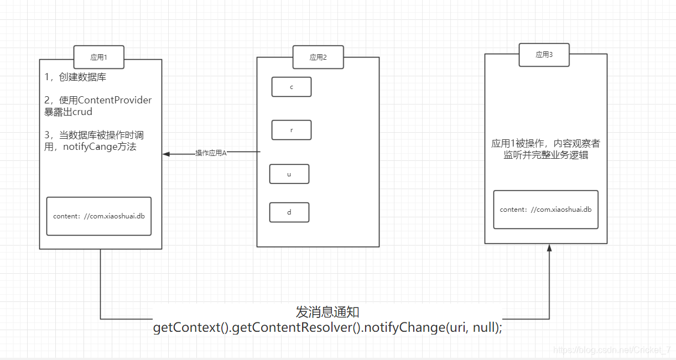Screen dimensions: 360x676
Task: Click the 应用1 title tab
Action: (x=98, y=57)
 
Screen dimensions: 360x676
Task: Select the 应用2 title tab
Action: (x=318, y=57)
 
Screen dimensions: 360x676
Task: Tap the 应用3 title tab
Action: (x=544, y=55)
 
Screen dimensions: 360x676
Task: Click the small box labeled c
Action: (x=291, y=87)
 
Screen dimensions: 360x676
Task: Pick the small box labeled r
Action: (x=291, y=130)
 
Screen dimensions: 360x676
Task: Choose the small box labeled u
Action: (x=289, y=174)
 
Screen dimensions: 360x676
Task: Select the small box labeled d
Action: (x=289, y=212)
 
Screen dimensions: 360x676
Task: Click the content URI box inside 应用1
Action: (x=98, y=216)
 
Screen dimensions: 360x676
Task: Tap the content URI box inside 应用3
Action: (x=545, y=210)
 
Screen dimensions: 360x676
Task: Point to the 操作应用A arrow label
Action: (x=211, y=153)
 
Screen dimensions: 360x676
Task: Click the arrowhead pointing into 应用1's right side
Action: (x=166, y=154)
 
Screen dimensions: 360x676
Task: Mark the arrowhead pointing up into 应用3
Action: (x=549, y=248)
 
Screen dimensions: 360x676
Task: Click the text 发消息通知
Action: (x=327, y=312)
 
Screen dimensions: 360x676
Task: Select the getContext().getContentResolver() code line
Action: (x=327, y=327)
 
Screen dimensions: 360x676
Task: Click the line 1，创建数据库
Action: (x=75, y=77)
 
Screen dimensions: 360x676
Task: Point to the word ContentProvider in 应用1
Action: (x=115, y=100)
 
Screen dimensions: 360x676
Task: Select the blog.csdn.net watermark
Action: (x=612, y=350)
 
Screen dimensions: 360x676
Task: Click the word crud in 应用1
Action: (x=82, y=112)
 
